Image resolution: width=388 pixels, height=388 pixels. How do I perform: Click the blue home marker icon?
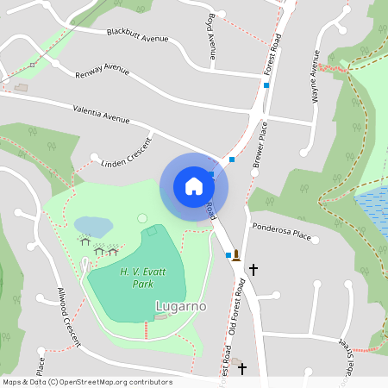coord(194,186)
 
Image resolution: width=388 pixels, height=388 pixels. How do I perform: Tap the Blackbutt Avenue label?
coord(137,34)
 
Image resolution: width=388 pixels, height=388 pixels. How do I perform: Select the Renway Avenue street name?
coord(102,68)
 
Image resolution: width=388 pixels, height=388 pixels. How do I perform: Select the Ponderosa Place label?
coord(281,230)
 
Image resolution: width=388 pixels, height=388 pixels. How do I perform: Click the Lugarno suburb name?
coord(179,305)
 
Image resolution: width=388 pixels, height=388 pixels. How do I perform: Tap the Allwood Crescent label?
coord(69,317)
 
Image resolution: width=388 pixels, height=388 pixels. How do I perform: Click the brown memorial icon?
coord(236,254)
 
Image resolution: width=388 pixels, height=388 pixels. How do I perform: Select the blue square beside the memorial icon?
coord(228,255)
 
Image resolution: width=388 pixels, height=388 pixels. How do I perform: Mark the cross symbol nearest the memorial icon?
coord(253,269)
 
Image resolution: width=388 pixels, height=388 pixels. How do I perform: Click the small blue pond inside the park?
coord(93,226)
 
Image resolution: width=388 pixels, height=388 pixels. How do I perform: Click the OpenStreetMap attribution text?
coord(87,382)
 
